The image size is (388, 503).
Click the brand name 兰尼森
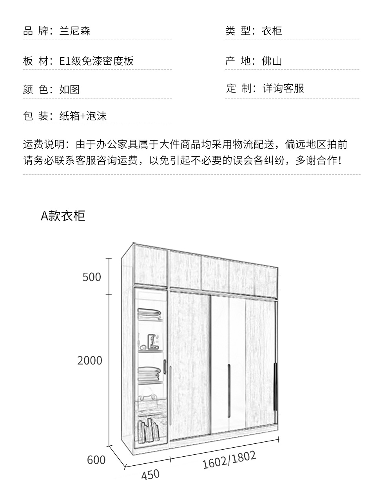[x=75, y=31]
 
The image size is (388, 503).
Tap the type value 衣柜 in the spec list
[x=272, y=31]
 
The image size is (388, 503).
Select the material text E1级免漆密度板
[x=96, y=61]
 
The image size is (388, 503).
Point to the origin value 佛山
[x=272, y=61]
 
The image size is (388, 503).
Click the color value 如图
[x=69, y=89]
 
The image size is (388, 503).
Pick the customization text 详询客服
[x=283, y=88]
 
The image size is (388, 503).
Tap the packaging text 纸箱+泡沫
[x=83, y=116]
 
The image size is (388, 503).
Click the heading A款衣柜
[x=63, y=216]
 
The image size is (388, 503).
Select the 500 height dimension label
[x=92, y=277]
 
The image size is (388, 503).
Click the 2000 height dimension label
[x=90, y=360]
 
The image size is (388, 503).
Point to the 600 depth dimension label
[x=96, y=459]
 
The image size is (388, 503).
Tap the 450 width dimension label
[x=150, y=474]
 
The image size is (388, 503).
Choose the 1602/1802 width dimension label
[x=229, y=459]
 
